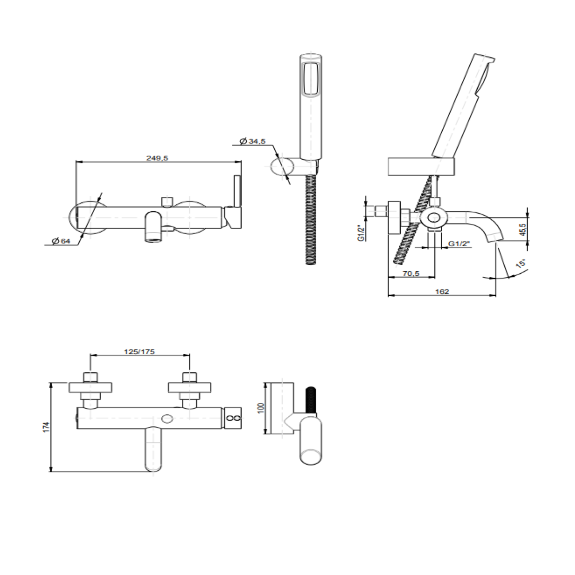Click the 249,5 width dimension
click(x=157, y=158)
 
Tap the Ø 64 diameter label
click(x=61, y=241)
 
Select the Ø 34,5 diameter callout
click(x=253, y=141)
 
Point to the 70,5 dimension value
click(x=411, y=273)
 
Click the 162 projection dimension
click(x=442, y=292)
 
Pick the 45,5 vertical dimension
click(x=523, y=229)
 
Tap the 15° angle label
click(x=521, y=263)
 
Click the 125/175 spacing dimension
click(x=139, y=352)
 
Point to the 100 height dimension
click(x=261, y=407)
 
